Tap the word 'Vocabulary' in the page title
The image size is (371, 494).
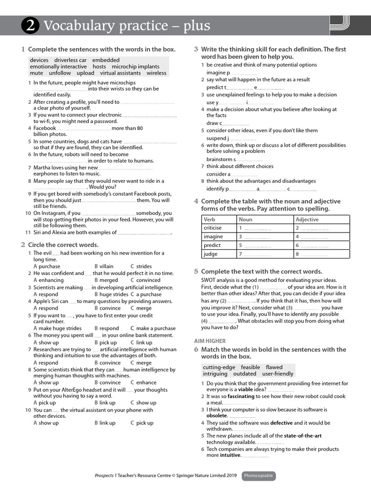tap(77, 26)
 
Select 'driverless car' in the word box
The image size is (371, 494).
tap(71, 60)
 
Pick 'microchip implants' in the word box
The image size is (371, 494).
tap(135, 67)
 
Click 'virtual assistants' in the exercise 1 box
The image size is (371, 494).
tap(121, 73)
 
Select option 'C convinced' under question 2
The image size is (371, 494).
tap(145, 280)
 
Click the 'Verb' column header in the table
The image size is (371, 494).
tap(210, 220)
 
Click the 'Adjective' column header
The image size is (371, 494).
tap(307, 220)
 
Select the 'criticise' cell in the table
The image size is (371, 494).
tap(213, 228)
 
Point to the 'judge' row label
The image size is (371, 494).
tap(211, 254)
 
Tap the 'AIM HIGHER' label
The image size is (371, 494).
tap(209, 341)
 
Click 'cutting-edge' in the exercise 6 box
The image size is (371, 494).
tap(219, 367)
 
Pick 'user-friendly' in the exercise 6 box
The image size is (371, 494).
tap(278, 374)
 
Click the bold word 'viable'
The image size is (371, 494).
tap(245, 389)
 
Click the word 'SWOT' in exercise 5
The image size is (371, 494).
tap(209, 280)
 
